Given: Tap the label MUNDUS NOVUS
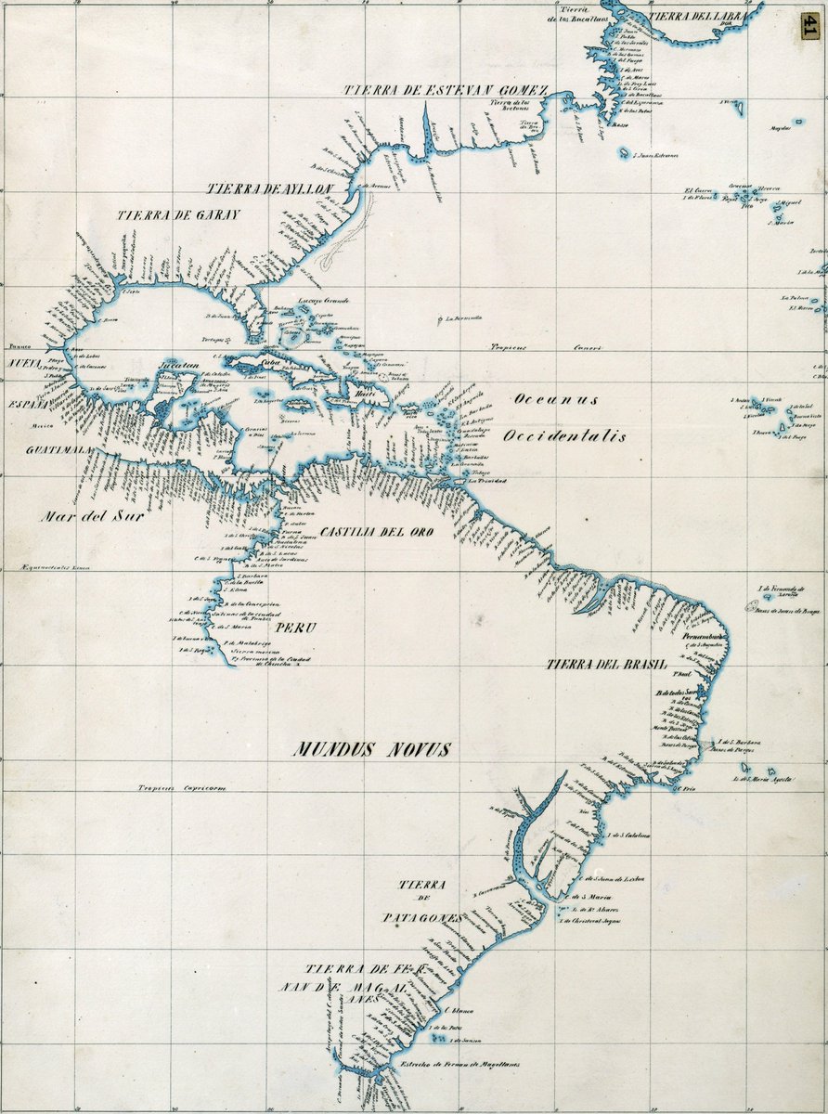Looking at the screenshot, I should [372, 749].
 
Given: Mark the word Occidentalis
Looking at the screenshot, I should [564, 435].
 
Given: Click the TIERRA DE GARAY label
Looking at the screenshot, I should [178, 214].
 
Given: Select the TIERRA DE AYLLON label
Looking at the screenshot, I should [269, 188].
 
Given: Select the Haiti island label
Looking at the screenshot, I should [361, 395].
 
